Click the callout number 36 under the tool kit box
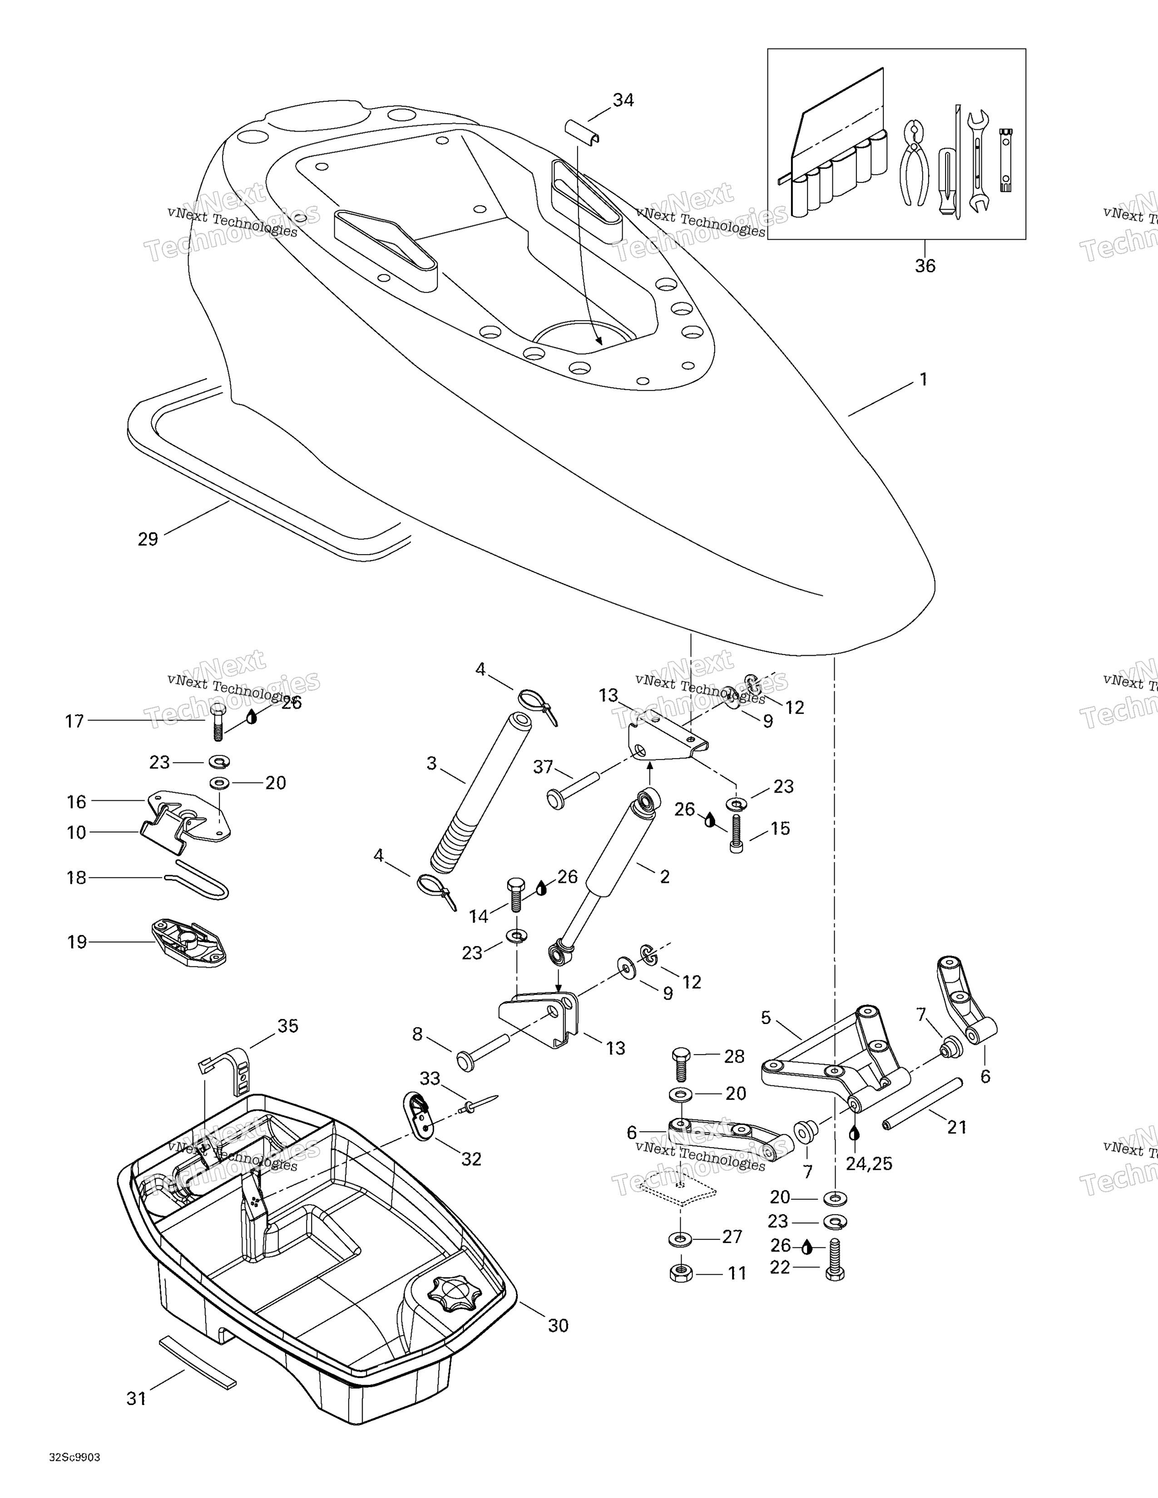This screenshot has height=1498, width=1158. (925, 266)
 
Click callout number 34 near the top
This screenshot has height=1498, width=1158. (623, 100)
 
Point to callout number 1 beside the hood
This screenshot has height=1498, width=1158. (923, 379)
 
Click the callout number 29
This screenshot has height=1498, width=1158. (148, 539)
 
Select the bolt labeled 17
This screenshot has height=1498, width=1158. (217, 722)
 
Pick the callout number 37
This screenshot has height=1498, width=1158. (543, 767)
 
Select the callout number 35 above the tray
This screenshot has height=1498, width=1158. (287, 1025)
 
